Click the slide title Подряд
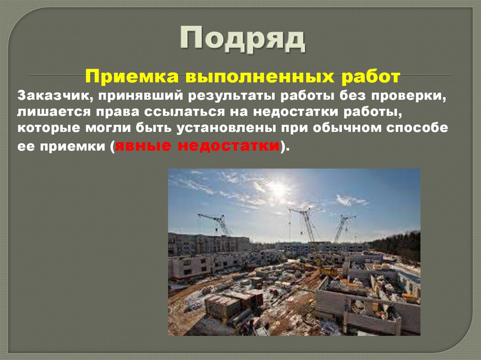click(x=242, y=40)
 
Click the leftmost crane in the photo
click(x=217, y=223)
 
